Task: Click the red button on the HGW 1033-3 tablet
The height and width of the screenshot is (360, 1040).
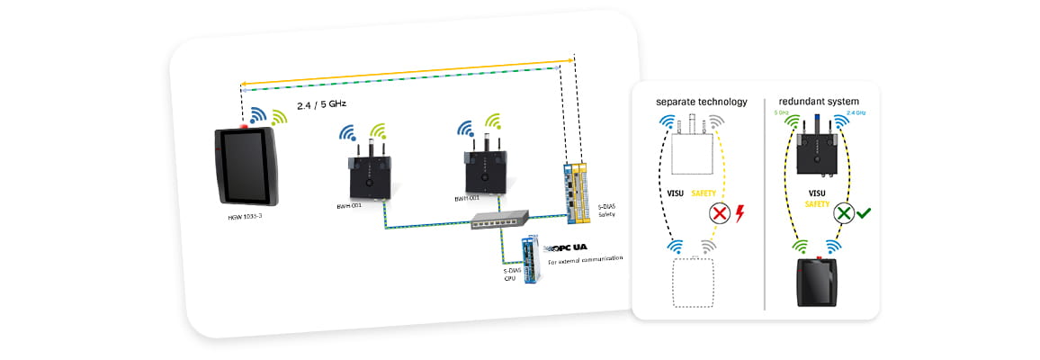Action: click(244, 123)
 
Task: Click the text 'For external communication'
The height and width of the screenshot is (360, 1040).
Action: click(585, 261)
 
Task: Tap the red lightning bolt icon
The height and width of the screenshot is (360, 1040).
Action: click(741, 214)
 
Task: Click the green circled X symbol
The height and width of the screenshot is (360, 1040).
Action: click(843, 214)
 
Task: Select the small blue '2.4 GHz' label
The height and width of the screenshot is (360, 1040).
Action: click(858, 113)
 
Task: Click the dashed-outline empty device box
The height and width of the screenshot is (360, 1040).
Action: click(693, 283)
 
